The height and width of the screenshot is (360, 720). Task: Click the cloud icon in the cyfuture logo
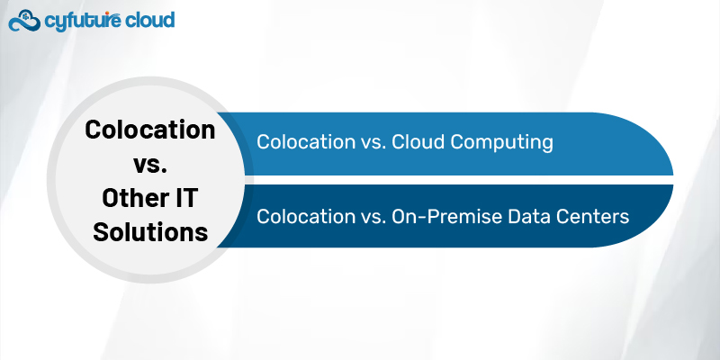pyautogui.click(x=24, y=20)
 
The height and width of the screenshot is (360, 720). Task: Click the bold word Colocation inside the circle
pyautogui.click(x=150, y=130)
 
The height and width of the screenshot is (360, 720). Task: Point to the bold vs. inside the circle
pyautogui.click(x=150, y=164)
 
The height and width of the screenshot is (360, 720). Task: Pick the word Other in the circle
pyautogui.click(x=126, y=198)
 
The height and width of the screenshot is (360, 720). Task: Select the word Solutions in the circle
pyautogui.click(x=150, y=232)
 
